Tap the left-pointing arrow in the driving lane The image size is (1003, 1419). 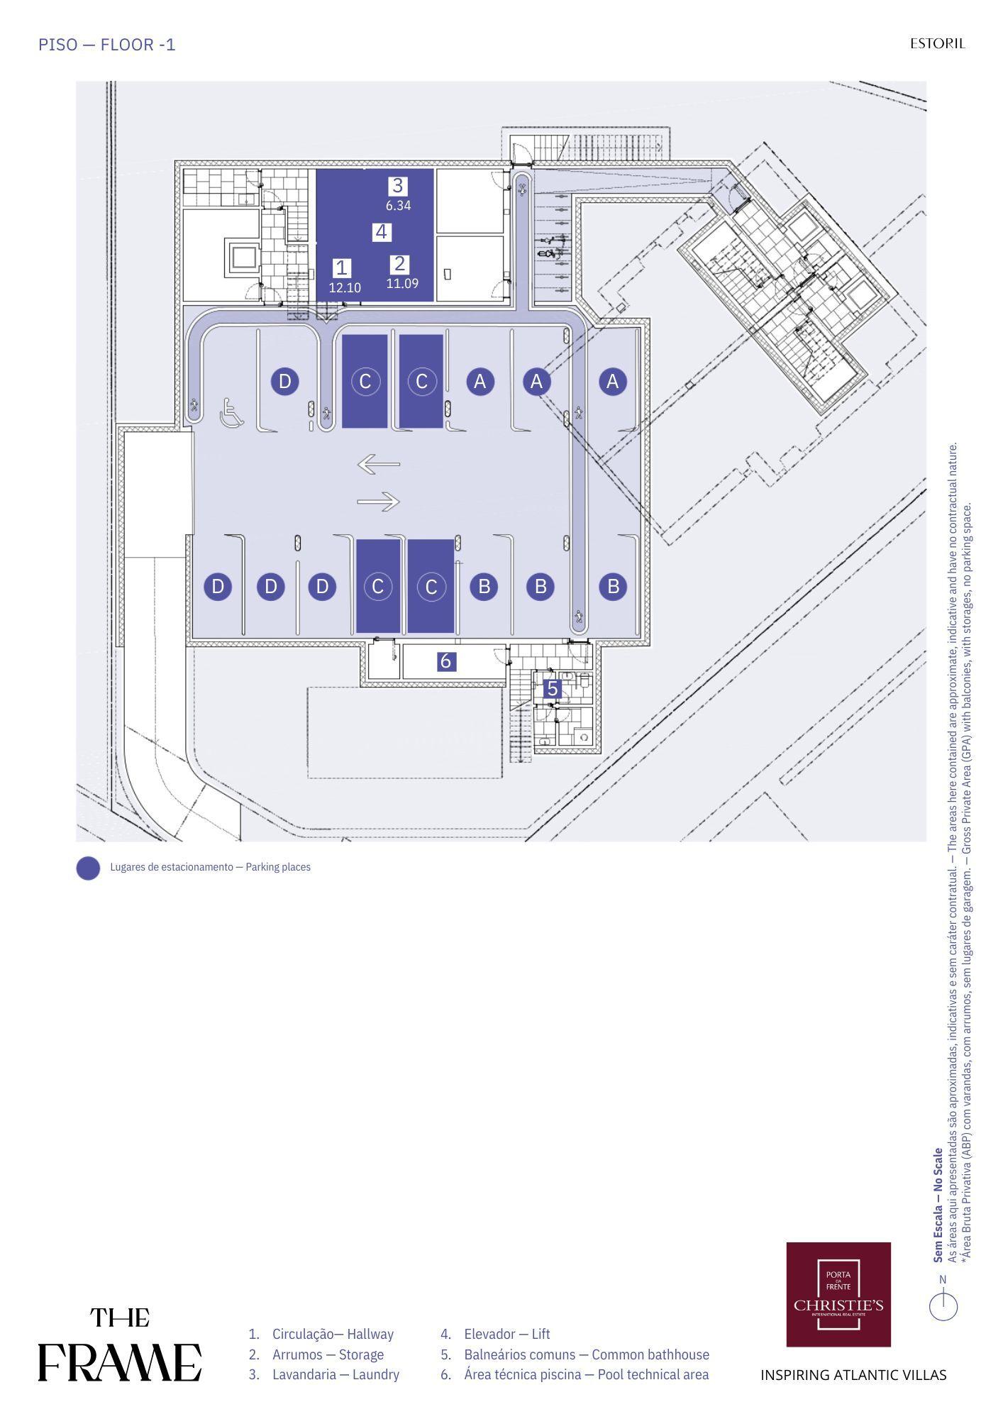pos(379,465)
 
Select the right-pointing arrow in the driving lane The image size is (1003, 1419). pos(379,502)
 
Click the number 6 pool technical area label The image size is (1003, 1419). pos(445,661)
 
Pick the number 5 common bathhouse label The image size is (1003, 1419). pos(553,688)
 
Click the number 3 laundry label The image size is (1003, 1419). pos(397,186)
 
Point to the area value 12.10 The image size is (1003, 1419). pos(345,288)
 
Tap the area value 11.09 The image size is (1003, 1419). pos(402,284)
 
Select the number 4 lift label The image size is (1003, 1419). pos(382,232)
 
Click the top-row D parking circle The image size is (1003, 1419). pos(284,382)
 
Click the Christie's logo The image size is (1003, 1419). pos(838,1294)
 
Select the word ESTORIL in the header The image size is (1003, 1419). pos(938,44)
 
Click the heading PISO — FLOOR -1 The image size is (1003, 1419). pos(107,45)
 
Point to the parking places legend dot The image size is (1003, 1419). pos(88,868)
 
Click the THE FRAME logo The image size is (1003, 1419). pos(119,1345)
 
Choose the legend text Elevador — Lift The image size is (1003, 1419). pos(507,1334)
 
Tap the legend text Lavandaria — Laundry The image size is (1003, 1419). pos(336,1374)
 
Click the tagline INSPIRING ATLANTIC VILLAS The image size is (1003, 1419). pos(853,1375)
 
